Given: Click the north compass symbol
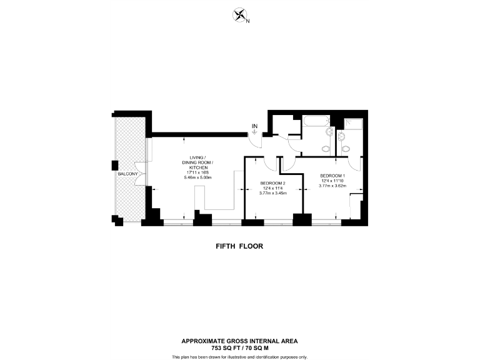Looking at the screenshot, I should click(239, 16).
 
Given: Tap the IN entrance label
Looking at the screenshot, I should click(254, 127).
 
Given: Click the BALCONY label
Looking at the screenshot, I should click(127, 173).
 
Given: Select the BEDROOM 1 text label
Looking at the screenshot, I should click(332, 176).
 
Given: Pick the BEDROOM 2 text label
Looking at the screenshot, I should click(272, 183).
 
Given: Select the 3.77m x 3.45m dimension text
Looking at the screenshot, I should click(272, 193).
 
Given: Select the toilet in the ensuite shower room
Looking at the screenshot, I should click(345, 147).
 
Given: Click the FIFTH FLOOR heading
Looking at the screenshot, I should click(239, 246).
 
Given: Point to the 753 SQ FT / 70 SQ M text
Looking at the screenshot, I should click(239, 347).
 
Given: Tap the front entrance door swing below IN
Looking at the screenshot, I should click(256, 140).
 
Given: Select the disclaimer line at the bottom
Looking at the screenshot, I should click(239, 356).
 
